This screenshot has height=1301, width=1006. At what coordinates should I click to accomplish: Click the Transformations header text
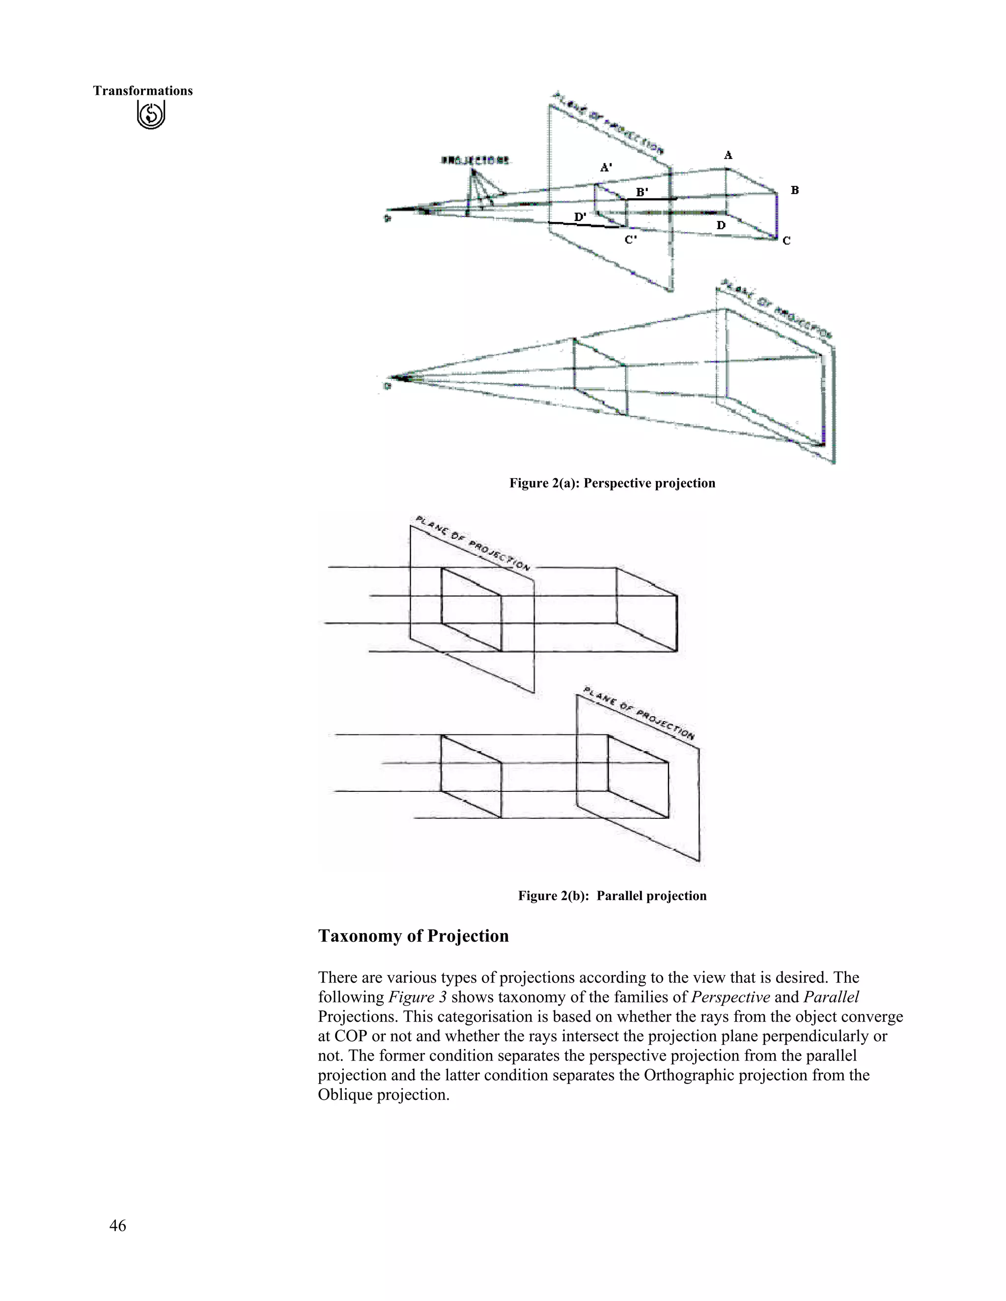point(142,90)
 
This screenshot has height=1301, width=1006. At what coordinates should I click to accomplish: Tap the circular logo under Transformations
point(151,114)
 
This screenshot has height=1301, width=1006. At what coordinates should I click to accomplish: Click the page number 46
point(117,1225)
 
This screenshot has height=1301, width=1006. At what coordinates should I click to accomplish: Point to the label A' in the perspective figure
point(606,167)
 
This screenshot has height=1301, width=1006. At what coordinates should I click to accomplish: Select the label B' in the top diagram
point(642,192)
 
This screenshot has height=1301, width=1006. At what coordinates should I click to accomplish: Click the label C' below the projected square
point(631,240)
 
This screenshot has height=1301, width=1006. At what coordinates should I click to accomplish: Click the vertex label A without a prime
point(727,156)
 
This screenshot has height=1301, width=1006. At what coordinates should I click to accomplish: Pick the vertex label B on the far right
point(794,190)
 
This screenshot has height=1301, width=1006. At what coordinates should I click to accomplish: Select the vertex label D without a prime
point(721,225)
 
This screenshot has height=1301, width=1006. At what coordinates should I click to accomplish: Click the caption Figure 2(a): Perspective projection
point(612,483)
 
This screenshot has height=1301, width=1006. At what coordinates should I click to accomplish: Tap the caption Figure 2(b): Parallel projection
point(612,896)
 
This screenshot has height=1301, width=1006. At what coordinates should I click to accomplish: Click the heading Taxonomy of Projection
point(413,936)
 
